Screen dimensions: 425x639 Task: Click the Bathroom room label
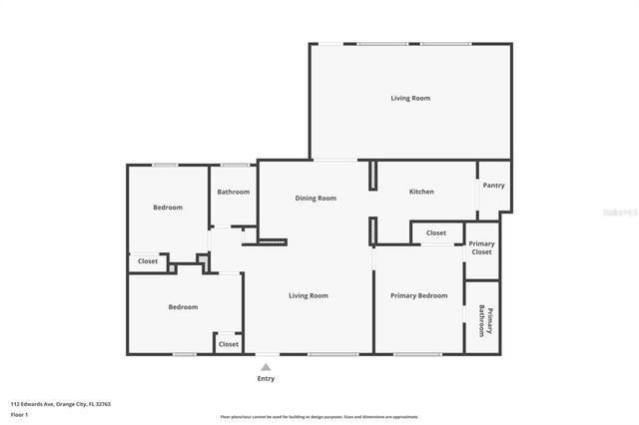(x=234, y=192)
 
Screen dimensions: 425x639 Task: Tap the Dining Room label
(x=316, y=198)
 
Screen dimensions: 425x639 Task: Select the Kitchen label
(x=421, y=192)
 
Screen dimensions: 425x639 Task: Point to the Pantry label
(x=493, y=186)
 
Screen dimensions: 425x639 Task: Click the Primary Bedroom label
(x=418, y=295)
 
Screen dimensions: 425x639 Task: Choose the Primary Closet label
(x=481, y=248)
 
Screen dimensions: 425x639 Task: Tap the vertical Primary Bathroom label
(x=481, y=320)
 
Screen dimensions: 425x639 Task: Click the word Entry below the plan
(x=266, y=379)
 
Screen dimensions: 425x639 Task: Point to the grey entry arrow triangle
(x=266, y=367)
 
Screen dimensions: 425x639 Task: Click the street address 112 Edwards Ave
(x=46, y=404)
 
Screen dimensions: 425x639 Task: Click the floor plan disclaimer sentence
(x=319, y=417)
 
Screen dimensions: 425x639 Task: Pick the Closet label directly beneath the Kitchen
(x=436, y=232)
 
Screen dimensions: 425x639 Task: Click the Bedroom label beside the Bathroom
(x=168, y=208)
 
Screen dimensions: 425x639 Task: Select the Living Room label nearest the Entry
(x=309, y=295)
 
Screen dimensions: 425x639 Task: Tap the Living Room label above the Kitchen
(x=409, y=98)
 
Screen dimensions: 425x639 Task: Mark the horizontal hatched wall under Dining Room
(x=272, y=241)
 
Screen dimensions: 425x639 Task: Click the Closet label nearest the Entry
(x=229, y=343)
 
